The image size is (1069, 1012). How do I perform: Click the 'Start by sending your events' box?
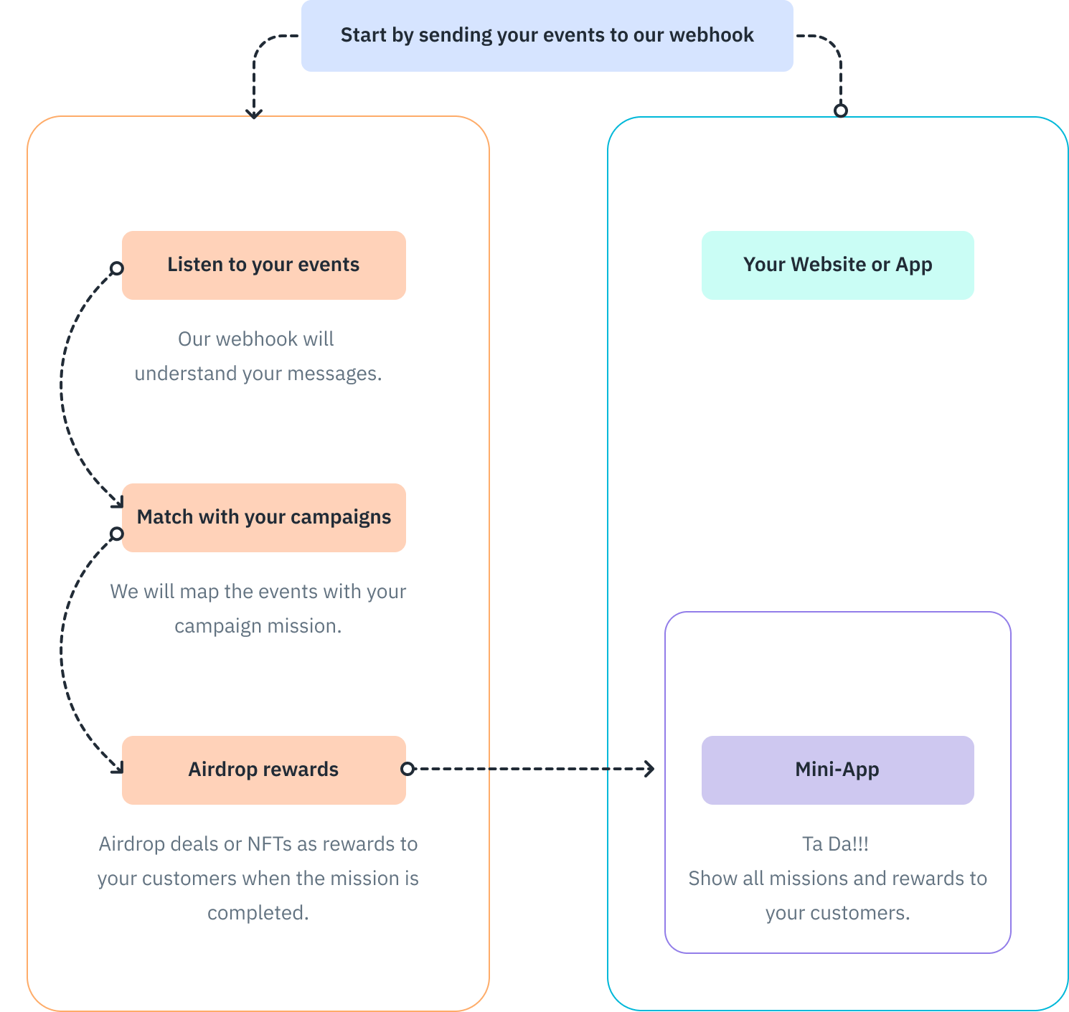pos(547,35)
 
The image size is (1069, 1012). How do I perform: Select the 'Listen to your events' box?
pos(263,265)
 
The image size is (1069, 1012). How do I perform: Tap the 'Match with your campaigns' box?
pos(263,517)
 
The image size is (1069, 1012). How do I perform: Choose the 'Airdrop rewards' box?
pos(263,770)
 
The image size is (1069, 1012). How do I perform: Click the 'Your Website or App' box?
pos(837,265)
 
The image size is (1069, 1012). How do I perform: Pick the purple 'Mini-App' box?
pos(837,770)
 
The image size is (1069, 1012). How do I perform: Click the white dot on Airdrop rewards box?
pos(407,769)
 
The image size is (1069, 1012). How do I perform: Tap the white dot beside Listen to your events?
pos(117,268)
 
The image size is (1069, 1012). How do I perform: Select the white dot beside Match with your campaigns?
pos(117,534)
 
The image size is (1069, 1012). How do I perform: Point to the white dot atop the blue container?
pos(841,110)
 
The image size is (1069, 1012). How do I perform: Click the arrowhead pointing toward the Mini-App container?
pos(650,769)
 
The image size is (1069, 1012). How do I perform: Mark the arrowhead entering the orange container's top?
pos(253,113)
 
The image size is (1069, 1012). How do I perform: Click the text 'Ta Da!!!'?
pos(835,844)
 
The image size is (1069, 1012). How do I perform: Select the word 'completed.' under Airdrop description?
pos(258,913)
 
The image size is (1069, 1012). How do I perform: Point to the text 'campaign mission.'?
pos(258,626)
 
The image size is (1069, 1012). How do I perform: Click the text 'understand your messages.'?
pos(258,374)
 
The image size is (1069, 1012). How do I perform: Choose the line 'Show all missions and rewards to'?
pos(837,879)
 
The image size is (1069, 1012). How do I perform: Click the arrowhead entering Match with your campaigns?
pos(118,504)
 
